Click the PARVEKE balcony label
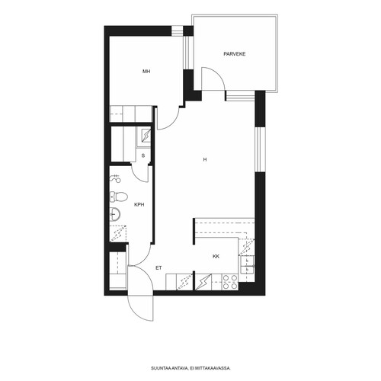[235, 54]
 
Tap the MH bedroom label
[146, 72]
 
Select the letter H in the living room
[205, 159]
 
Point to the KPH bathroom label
[139, 204]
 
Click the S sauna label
[143, 155]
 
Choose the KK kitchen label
[216, 257]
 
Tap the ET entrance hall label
[158, 268]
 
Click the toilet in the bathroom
[119, 197]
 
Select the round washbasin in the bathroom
[115, 214]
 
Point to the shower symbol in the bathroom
[116, 179]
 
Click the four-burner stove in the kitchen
[230, 282]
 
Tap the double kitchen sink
[247, 264]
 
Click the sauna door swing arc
[139, 176]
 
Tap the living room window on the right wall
[258, 149]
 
